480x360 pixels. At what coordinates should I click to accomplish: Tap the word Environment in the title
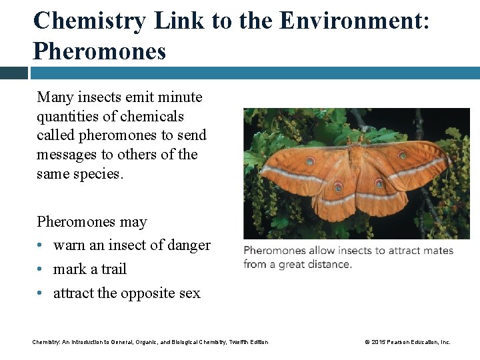click(350, 21)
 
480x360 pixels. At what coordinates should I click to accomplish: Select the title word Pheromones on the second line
click(99, 51)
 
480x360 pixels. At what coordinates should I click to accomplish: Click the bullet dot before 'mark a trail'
click(41, 269)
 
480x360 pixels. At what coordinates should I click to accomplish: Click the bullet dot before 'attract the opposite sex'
click(41, 293)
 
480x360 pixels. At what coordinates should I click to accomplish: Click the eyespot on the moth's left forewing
click(310, 161)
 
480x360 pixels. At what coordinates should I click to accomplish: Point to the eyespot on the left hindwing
click(338, 187)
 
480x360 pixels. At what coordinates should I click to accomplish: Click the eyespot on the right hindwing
click(379, 183)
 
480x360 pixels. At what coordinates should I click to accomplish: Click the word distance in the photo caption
click(329, 264)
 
